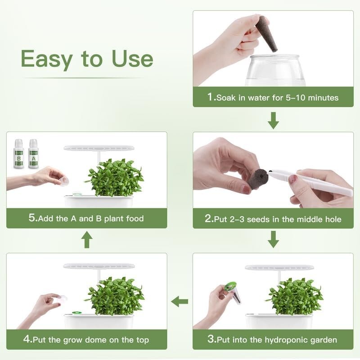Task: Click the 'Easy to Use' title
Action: pyautogui.click(x=87, y=59)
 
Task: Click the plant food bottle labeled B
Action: pyautogui.click(x=19, y=154)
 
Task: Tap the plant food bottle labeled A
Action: pyautogui.click(x=33, y=154)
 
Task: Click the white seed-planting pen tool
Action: pyautogui.click(x=310, y=182)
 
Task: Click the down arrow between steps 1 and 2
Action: pyautogui.click(x=273, y=120)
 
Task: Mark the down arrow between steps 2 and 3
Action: pyautogui.click(x=273, y=239)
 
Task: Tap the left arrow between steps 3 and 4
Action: pyautogui.click(x=180, y=301)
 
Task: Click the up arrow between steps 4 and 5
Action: pyautogui.click(x=87, y=239)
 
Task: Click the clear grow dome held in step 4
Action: pyautogui.click(x=62, y=298)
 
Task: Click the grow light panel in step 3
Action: pyautogui.click(x=279, y=267)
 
